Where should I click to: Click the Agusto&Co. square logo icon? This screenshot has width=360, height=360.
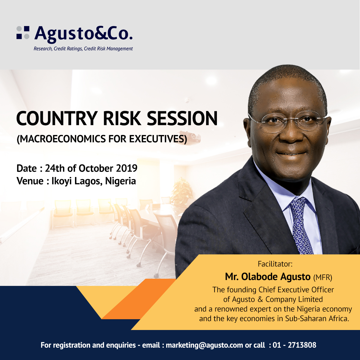23,32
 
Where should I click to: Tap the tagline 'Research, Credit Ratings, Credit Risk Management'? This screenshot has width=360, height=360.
83,49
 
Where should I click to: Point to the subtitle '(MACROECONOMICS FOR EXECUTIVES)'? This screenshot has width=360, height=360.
102,139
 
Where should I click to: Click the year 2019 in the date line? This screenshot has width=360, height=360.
127,168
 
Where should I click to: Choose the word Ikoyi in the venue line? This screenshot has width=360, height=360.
61,181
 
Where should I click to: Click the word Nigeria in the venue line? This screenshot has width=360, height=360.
120,181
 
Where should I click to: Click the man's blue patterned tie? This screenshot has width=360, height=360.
301,225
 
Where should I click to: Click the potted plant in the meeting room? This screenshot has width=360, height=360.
182,190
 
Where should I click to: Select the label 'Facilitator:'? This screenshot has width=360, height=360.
275,264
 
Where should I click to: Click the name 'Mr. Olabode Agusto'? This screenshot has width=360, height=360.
268,277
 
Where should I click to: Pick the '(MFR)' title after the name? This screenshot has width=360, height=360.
322,277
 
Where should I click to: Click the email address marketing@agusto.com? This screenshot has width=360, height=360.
204,345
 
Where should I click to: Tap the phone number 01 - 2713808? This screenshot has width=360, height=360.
294,345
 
